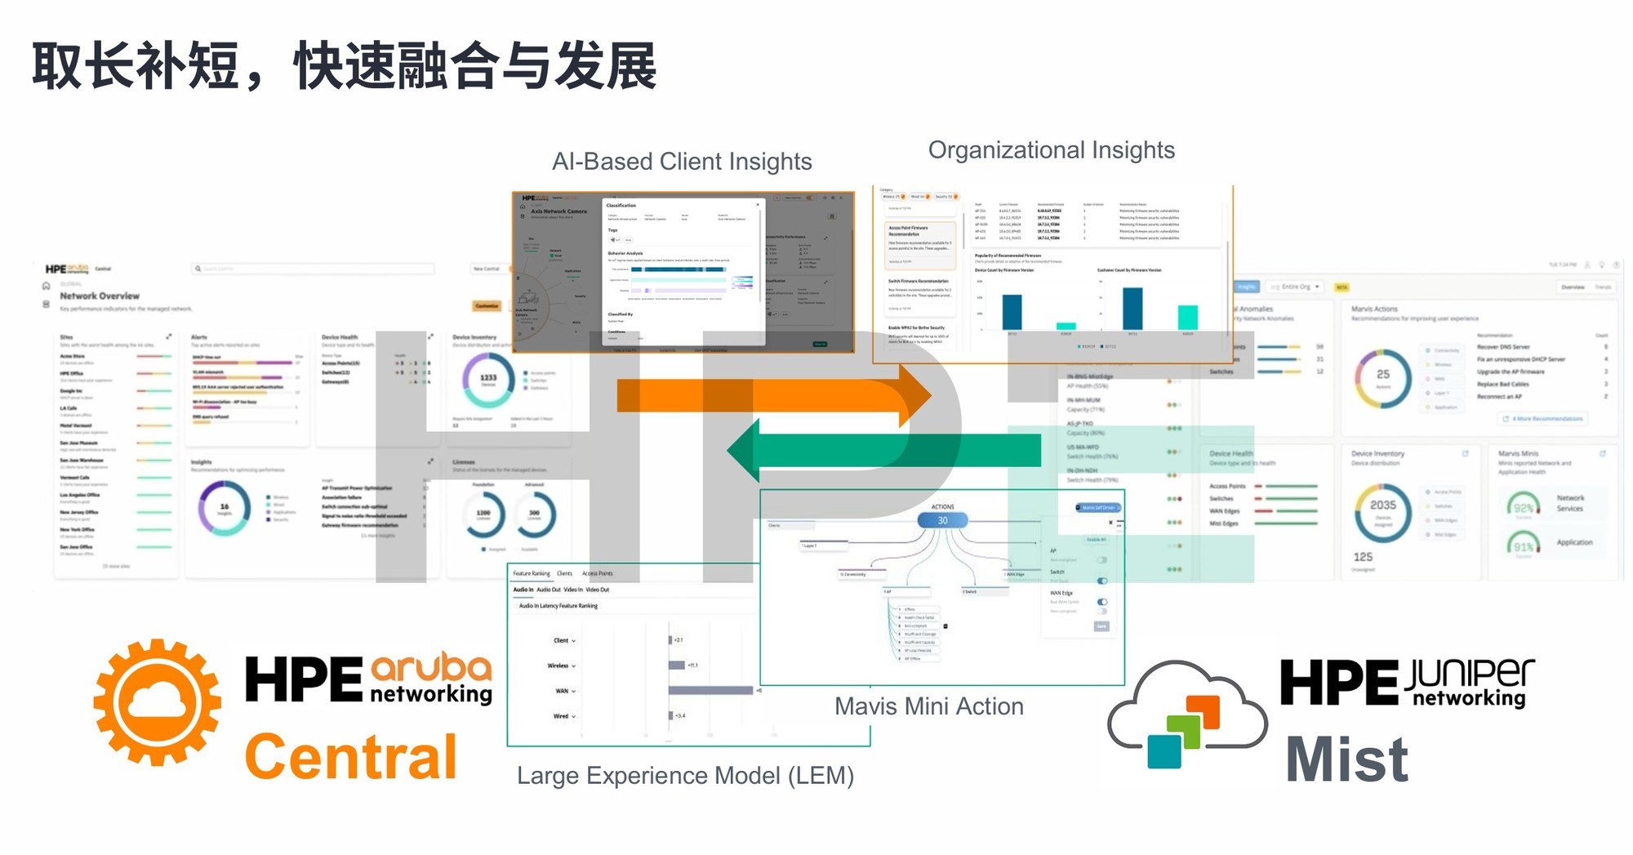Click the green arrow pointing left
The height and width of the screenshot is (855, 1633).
tap(882, 451)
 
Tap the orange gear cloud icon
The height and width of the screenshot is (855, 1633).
tap(157, 702)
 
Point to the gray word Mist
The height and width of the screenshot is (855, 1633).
tap(1346, 759)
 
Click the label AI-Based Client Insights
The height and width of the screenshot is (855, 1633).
tap(682, 162)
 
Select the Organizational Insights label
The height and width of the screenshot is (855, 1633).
tap(1051, 150)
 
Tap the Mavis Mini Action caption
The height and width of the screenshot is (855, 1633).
tap(928, 706)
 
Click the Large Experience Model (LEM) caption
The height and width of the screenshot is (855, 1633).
tap(685, 775)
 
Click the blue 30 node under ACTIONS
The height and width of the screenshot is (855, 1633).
tap(942, 520)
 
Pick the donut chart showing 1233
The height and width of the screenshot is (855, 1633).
tap(488, 379)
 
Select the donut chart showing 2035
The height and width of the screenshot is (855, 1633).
tap(1382, 511)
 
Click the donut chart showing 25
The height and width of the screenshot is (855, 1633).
tap(1382, 376)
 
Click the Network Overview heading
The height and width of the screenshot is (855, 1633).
tap(100, 296)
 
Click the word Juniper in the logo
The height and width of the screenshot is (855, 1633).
tap(1469, 674)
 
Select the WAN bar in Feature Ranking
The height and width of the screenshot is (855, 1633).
tap(710, 691)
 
